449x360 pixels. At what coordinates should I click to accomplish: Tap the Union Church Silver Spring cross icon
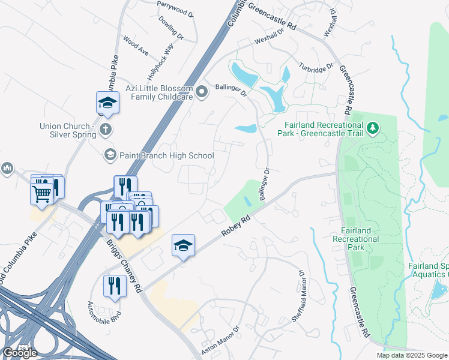tap(106, 129)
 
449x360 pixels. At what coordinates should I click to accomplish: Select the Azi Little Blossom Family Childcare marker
tap(202, 92)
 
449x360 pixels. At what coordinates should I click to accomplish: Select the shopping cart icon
tap(41, 193)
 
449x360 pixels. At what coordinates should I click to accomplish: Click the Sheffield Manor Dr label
tap(299, 296)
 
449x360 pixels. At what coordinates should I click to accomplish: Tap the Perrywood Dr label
tap(176, 8)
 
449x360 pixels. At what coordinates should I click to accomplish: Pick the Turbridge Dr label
tap(316, 68)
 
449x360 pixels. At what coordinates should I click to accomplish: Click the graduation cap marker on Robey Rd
tap(183, 245)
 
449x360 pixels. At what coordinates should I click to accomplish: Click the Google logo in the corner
tap(20, 353)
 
